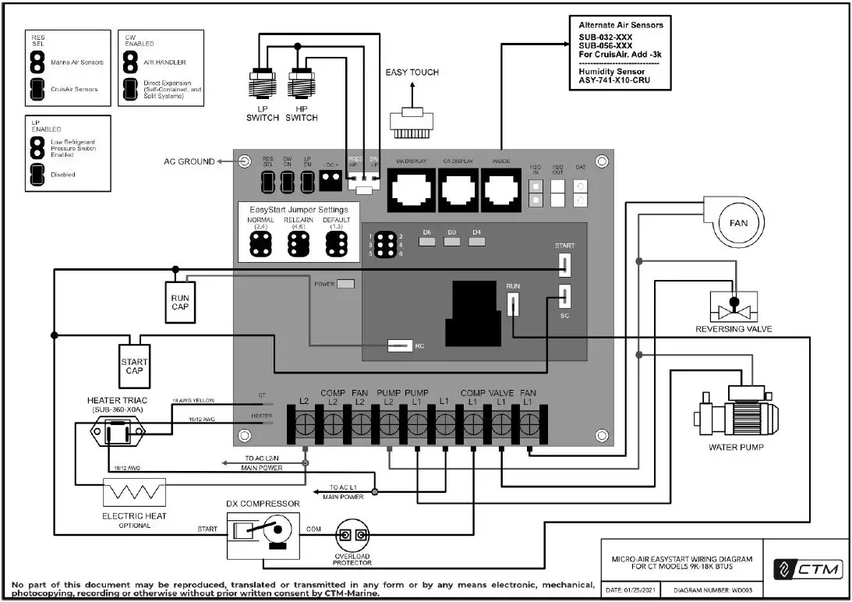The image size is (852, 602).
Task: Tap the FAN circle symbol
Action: (738, 223)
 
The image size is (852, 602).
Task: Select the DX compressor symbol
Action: (263, 536)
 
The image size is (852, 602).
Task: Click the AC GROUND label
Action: (189, 161)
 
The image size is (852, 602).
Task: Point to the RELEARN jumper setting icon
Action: (297, 244)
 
